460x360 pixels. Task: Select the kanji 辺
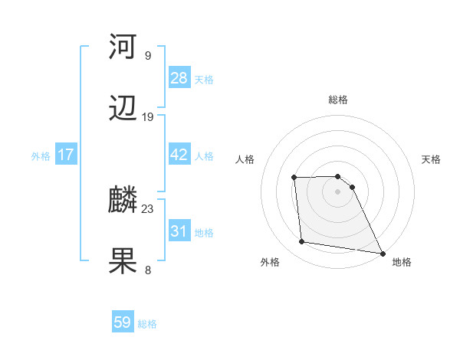[123, 110]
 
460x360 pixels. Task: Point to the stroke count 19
[148, 117]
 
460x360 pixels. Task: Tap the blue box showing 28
[179, 77]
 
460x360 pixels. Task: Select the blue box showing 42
[179, 155]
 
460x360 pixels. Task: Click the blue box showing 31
[179, 231]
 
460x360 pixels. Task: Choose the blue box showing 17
[66, 155]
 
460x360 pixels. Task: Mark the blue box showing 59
[123, 322]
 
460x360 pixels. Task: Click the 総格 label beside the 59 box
[147, 324]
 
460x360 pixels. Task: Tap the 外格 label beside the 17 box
[41, 156]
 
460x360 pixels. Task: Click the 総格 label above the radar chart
[338, 100]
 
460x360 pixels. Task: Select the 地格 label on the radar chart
[402, 263]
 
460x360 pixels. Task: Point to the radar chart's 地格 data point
[382, 253]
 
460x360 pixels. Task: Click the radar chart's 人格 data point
[294, 178]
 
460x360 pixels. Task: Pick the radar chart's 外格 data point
[302, 242]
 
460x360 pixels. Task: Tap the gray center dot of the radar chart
[338, 191]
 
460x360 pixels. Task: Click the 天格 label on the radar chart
[432, 159]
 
